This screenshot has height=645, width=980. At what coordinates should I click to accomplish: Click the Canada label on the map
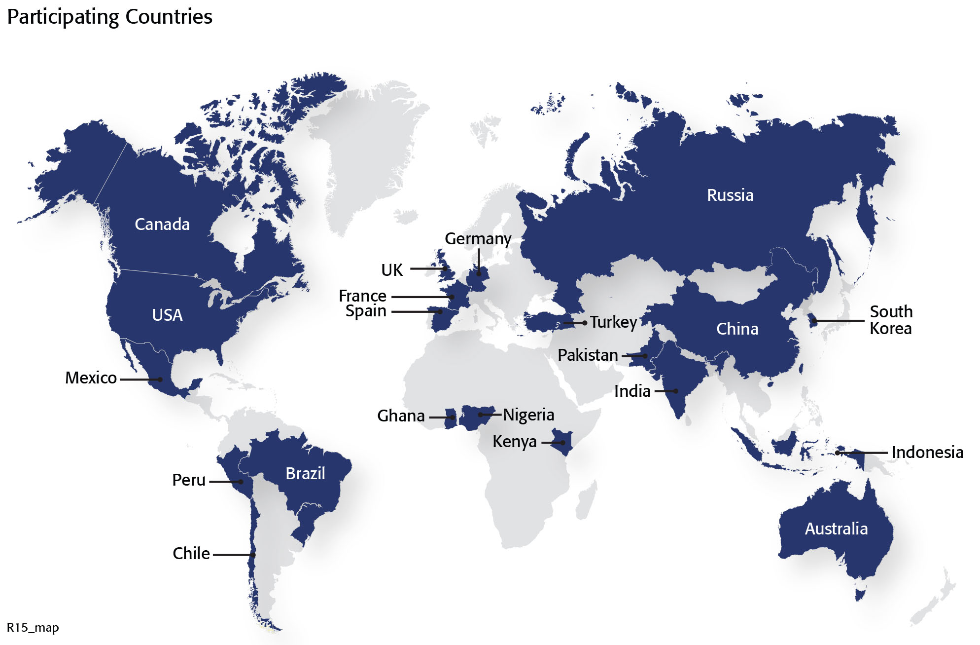[162, 224]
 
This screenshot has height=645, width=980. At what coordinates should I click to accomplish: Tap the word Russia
[730, 195]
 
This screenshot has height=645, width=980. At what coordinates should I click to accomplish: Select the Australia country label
[836, 529]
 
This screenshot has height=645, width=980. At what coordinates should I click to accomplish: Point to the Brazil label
[305, 473]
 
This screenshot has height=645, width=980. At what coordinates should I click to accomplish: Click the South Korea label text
[890, 320]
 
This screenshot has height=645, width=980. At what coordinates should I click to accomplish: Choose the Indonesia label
[927, 452]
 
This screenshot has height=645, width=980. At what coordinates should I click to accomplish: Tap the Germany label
[478, 239]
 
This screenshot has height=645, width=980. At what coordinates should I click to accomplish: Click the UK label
[392, 270]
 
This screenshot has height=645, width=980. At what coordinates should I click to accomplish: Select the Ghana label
[401, 416]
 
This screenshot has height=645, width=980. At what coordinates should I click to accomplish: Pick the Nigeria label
[528, 415]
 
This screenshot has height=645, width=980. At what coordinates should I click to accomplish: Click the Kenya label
[514, 441]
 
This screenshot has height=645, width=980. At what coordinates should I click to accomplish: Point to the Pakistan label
[587, 355]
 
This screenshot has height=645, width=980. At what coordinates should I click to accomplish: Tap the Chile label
[191, 553]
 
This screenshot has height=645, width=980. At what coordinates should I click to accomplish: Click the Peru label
[188, 480]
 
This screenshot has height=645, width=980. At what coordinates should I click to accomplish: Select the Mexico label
[91, 378]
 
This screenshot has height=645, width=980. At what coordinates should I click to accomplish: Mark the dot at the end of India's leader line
[676, 391]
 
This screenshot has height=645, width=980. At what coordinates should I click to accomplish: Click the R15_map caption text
[33, 628]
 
